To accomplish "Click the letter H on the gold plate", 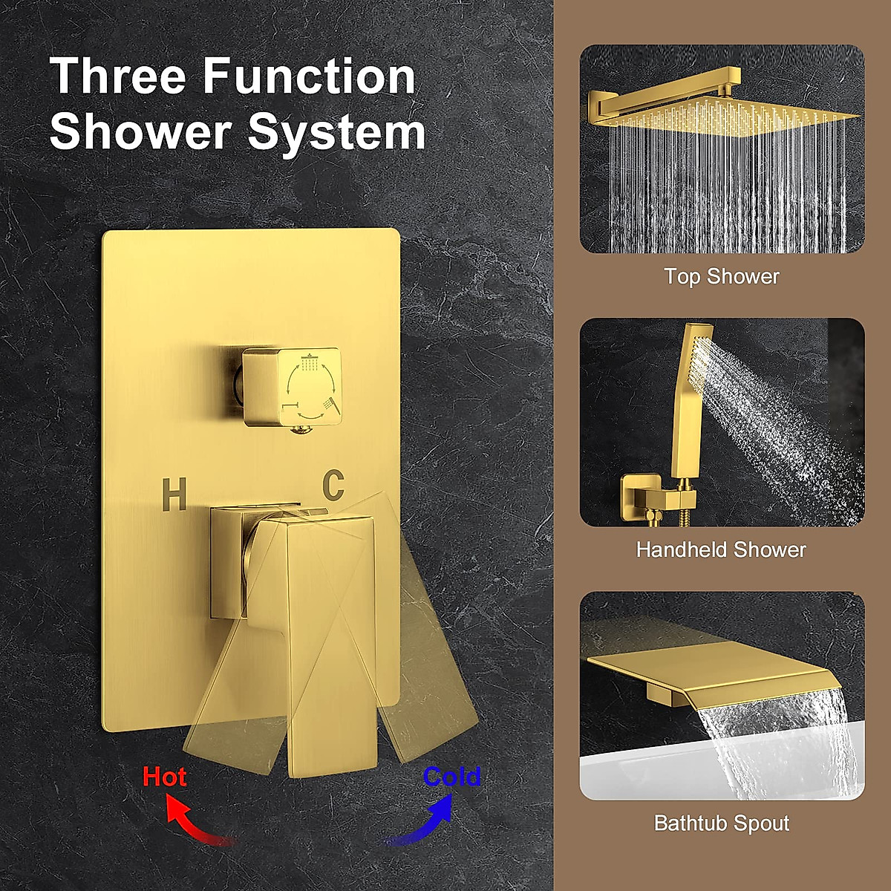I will [x=174, y=495].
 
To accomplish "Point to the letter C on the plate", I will [x=333, y=485].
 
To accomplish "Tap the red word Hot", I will [x=164, y=777].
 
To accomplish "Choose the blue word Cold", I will [x=451, y=777].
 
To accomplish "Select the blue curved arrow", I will [x=423, y=820].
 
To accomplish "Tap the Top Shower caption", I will [x=722, y=276].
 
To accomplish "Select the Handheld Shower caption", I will [x=721, y=549].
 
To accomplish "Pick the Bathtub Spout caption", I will [x=722, y=823].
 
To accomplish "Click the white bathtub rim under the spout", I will [x=646, y=772].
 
